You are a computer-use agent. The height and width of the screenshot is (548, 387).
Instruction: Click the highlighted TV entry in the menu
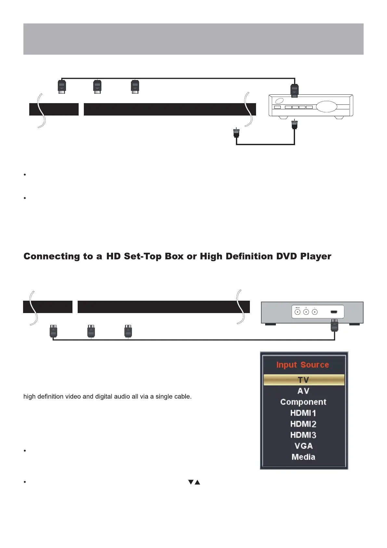click(x=303, y=380)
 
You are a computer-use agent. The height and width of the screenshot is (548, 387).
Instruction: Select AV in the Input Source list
click(x=303, y=391)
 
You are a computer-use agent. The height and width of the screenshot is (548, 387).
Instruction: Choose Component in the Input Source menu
click(x=303, y=402)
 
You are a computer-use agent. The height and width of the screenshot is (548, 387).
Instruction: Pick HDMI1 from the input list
click(x=303, y=413)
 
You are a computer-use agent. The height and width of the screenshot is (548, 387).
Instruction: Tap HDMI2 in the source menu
click(x=303, y=424)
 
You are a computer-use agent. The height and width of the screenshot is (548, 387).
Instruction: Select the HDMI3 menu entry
click(x=303, y=435)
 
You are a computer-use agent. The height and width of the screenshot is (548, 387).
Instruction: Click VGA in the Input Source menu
click(x=303, y=446)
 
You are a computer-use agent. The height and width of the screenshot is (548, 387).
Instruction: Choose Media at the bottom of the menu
click(x=303, y=457)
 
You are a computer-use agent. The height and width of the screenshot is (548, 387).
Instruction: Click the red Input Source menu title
click(x=303, y=365)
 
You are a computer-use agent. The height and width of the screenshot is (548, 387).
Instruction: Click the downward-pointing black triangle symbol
click(x=191, y=482)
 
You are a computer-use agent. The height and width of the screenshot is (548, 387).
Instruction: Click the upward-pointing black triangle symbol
click(x=197, y=482)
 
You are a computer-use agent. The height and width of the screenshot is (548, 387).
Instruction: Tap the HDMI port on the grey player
click(x=334, y=312)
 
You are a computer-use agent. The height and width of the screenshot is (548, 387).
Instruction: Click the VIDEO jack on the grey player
click(x=297, y=312)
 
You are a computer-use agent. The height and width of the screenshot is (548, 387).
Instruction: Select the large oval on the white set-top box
click(x=326, y=107)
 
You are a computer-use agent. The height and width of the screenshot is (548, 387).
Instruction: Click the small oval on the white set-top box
click(x=279, y=101)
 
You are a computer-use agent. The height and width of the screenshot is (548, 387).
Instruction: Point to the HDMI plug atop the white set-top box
click(x=294, y=90)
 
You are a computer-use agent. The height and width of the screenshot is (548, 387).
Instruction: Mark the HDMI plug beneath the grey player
click(x=334, y=325)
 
